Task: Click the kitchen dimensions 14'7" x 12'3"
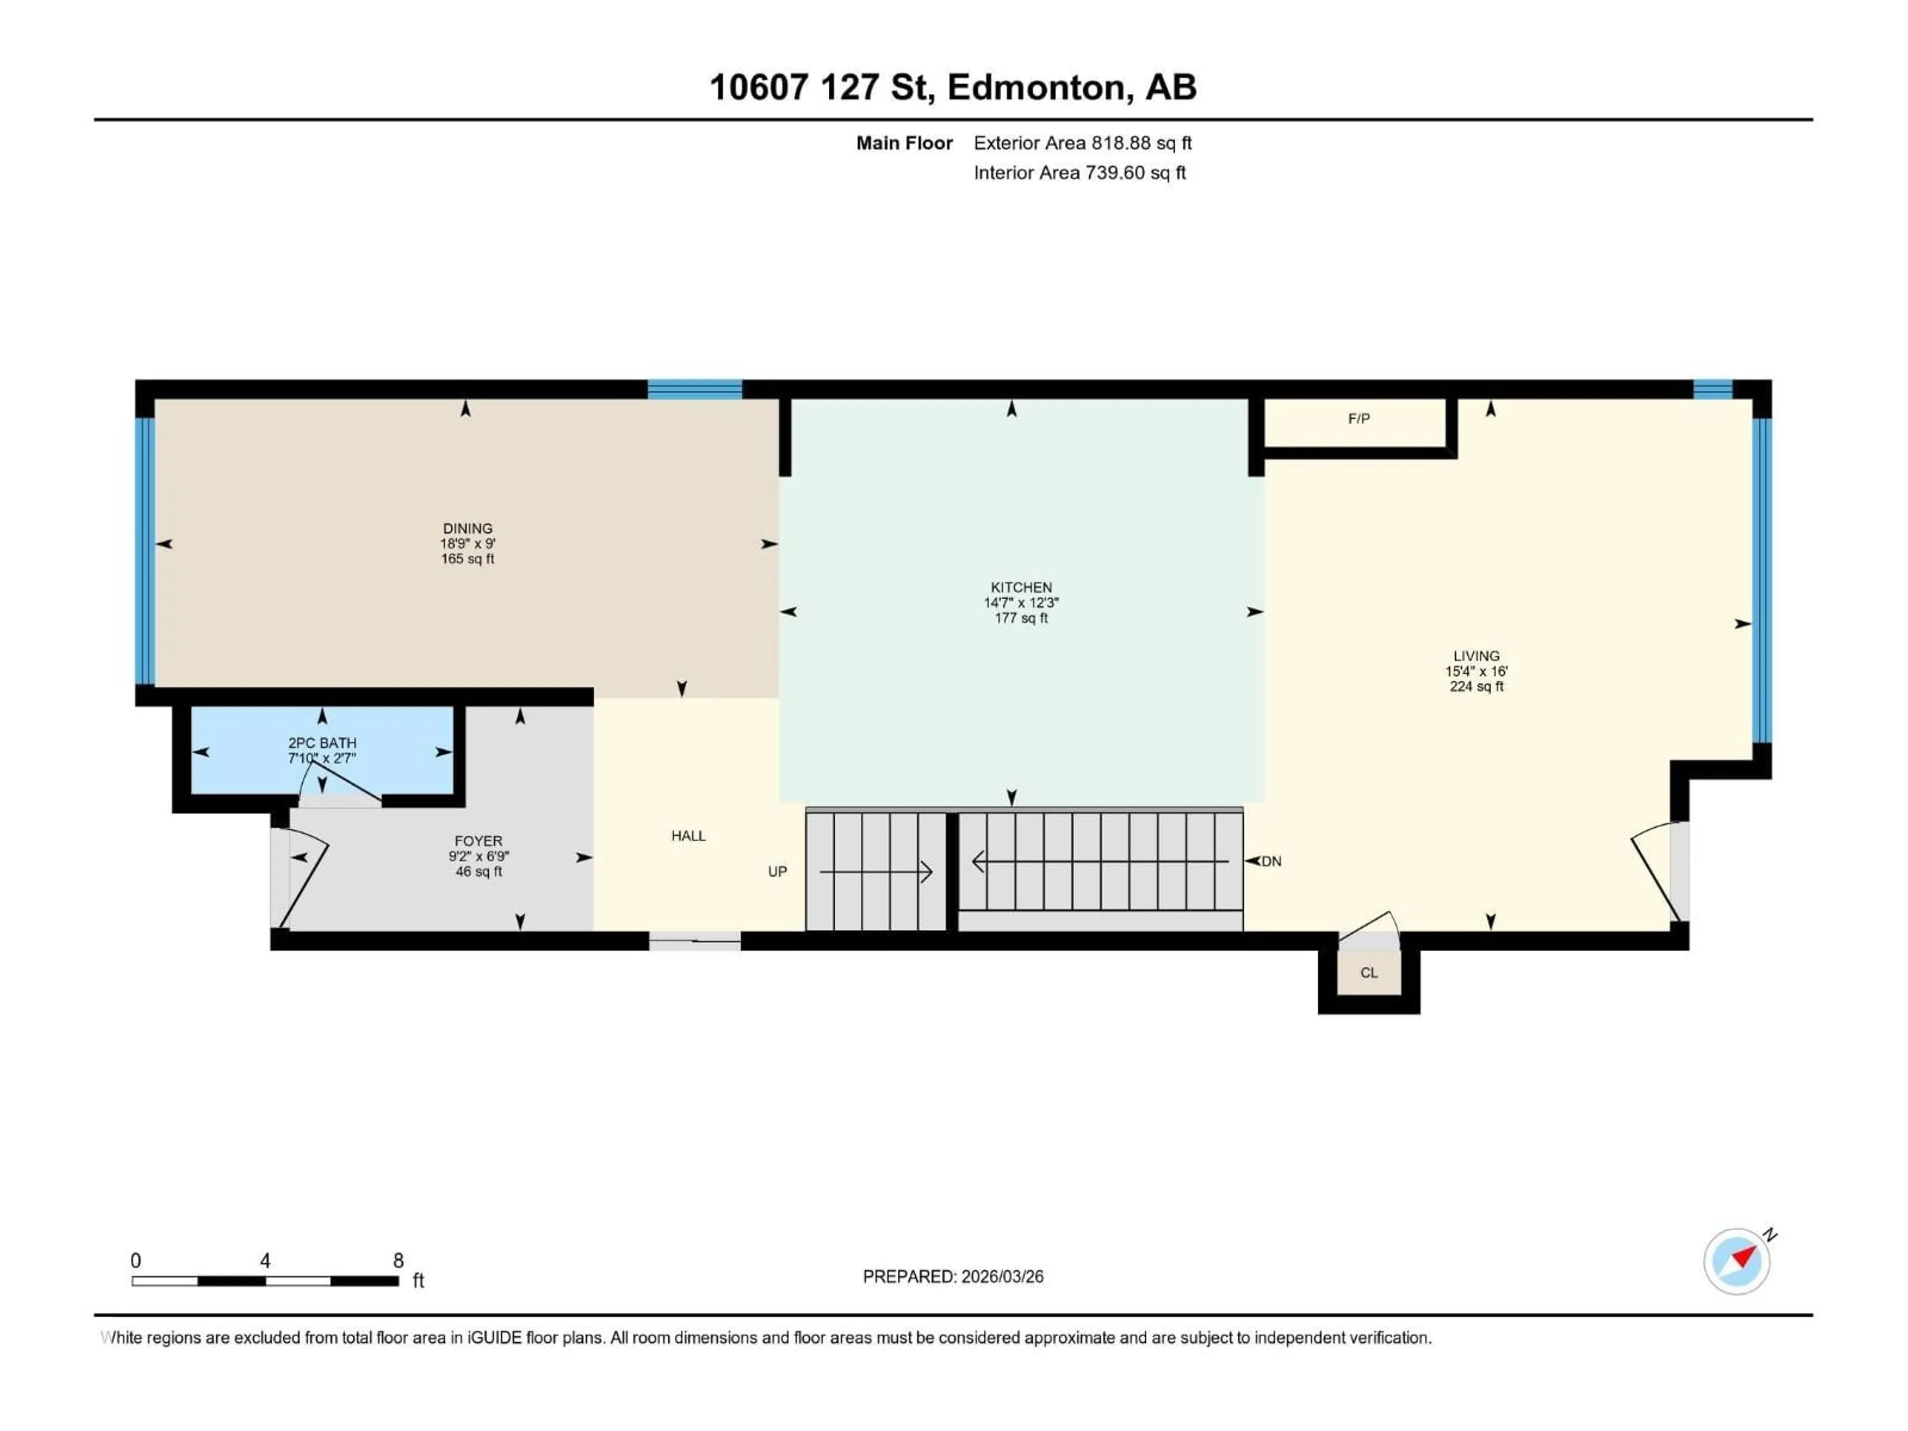pos(1021,603)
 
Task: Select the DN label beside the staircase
pos(1272,862)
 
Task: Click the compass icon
pos(1737,1261)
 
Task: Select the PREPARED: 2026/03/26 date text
pos(953,1276)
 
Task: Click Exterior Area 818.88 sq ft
pos(1083,143)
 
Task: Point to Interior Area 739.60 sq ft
pos(1079,172)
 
